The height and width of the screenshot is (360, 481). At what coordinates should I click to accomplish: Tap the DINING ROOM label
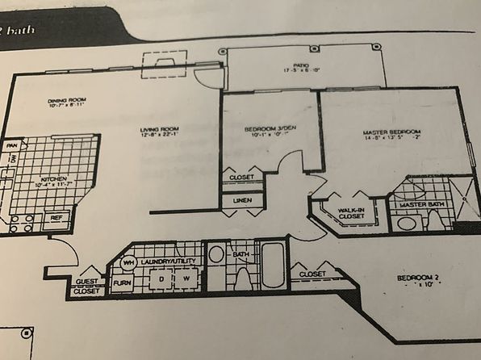[67, 101]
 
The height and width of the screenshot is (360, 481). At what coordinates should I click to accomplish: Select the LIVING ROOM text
[158, 129]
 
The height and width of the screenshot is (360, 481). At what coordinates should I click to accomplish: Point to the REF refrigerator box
[56, 218]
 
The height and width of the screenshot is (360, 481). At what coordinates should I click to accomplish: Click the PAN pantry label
[12, 145]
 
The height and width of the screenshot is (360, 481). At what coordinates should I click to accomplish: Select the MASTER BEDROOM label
[392, 132]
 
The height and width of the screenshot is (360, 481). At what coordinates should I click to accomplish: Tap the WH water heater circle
[128, 263]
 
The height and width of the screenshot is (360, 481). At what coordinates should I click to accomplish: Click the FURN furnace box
[122, 283]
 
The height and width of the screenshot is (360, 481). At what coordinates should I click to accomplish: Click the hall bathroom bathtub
[272, 266]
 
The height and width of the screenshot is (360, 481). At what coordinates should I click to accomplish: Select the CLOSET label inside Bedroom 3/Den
[242, 177]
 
